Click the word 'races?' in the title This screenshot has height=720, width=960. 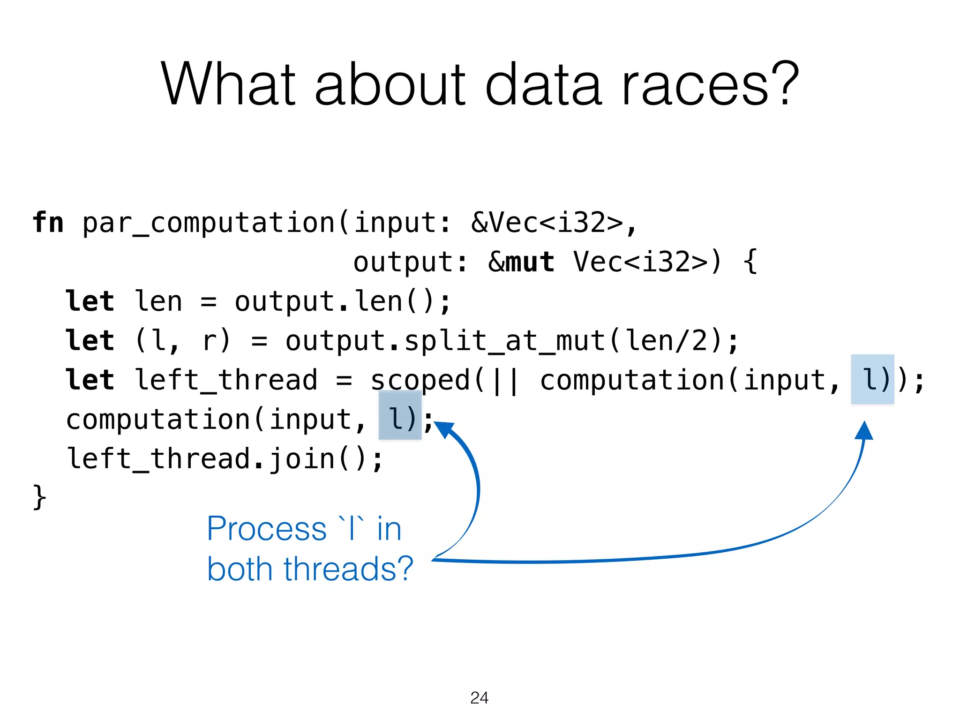pyautogui.click(x=710, y=84)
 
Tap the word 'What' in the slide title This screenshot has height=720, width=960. pyautogui.click(x=228, y=84)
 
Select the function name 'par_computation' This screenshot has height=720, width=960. pyautogui.click(x=209, y=223)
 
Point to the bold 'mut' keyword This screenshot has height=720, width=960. pyautogui.click(x=530, y=262)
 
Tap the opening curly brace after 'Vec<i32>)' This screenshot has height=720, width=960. pyautogui.click(x=750, y=262)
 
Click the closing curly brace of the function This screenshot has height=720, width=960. pyautogui.click(x=39, y=497)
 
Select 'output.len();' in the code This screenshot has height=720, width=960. pyautogui.click(x=343, y=301)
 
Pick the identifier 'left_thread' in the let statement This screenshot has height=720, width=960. pyautogui.click(x=226, y=380)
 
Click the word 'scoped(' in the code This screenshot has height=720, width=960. pyautogui.click(x=427, y=380)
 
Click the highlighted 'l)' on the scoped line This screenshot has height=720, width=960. pyautogui.click(x=872, y=380)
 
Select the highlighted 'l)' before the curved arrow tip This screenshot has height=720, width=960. pyautogui.click(x=400, y=419)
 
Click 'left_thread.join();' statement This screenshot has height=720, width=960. pyautogui.click(x=225, y=458)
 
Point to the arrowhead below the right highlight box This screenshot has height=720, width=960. pyautogui.click(x=864, y=430)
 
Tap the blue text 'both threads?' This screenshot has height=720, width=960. pyautogui.click(x=310, y=569)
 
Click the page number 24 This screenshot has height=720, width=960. pyautogui.click(x=479, y=698)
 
